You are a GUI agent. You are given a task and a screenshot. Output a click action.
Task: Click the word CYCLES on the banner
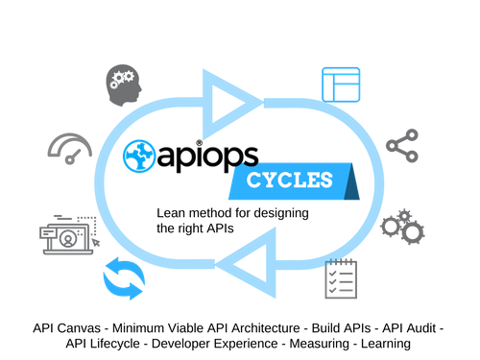pyautogui.click(x=290, y=180)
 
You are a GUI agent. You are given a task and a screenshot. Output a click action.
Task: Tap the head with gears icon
pyautogui.click(x=123, y=85)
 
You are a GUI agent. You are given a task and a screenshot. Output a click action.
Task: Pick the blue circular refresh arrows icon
pyautogui.click(x=124, y=280)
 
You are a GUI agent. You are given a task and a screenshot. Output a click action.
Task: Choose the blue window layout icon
pyautogui.click(x=341, y=84)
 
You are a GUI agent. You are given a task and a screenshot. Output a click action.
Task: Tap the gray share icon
pyautogui.click(x=400, y=145)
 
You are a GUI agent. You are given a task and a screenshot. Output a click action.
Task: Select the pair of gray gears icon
pyautogui.click(x=401, y=226)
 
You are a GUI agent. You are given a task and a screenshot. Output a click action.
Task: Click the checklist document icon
pyautogui.click(x=341, y=279)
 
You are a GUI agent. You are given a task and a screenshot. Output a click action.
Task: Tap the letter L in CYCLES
pyautogui.click(x=301, y=180)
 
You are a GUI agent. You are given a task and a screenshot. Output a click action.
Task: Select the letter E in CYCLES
pyautogui.click(x=314, y=180)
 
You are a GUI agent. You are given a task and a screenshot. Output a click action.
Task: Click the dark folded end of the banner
pyautogui.click(x=356, y=184)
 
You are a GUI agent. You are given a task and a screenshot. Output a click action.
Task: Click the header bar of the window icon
pyautogui.click(x=341, y=71)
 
